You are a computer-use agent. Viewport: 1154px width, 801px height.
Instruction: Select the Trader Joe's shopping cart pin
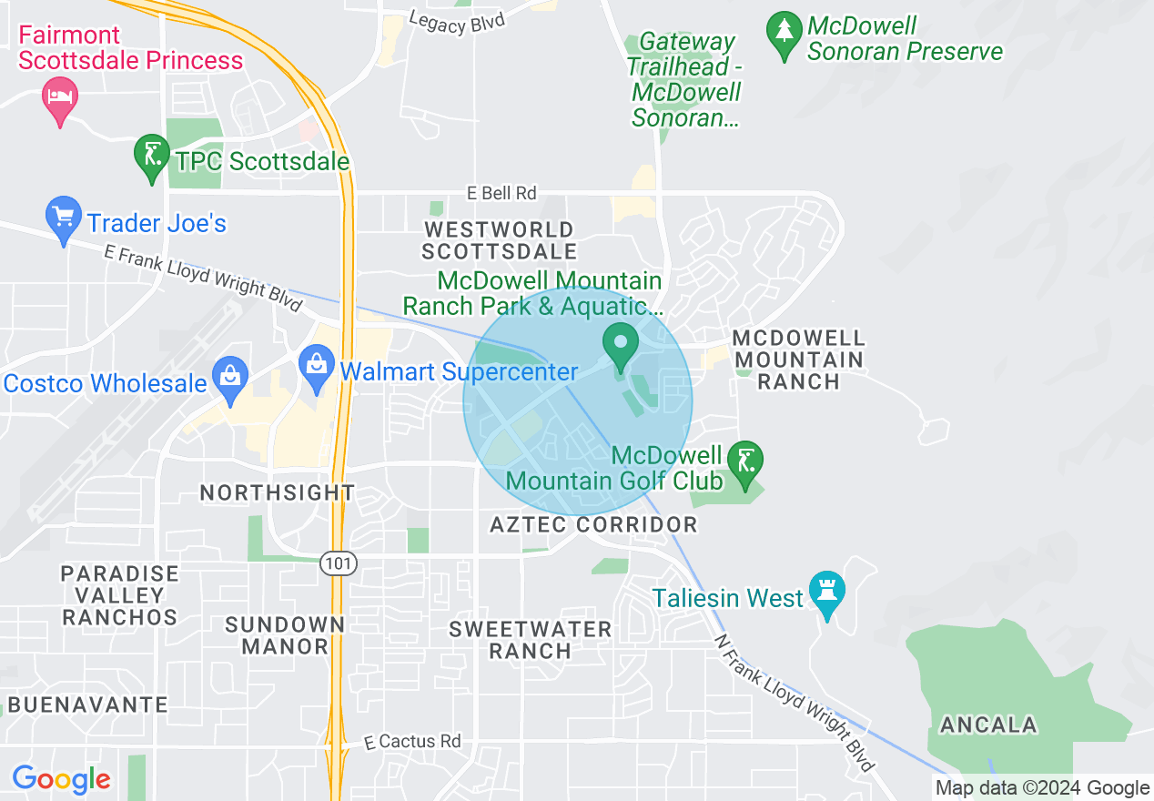pos(63,219)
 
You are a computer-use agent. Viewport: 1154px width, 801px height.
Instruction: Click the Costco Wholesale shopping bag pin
pos(229,378)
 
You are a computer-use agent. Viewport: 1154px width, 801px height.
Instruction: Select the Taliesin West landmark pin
pos(827,593)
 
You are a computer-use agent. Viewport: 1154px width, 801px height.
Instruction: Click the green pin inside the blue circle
pos(622,347)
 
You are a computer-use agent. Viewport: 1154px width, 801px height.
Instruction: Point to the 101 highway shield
pos(338,563)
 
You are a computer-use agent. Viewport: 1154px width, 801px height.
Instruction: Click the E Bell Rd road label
pos(501,193)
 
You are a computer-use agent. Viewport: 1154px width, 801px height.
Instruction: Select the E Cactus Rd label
pos(412,741)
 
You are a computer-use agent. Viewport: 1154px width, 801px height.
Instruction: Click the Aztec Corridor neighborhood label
pos(593,524)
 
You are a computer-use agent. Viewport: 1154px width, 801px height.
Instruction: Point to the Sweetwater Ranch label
pos(531,640)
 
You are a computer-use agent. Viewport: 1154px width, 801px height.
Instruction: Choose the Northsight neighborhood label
pos(278,492)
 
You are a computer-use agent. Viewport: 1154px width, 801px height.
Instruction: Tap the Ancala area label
pos(988,725)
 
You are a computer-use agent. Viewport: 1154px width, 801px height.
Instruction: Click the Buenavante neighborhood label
pos(87,705)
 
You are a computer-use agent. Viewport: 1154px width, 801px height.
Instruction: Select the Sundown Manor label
pos(285,635)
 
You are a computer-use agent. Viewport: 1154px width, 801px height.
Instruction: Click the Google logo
pos(61,779)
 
